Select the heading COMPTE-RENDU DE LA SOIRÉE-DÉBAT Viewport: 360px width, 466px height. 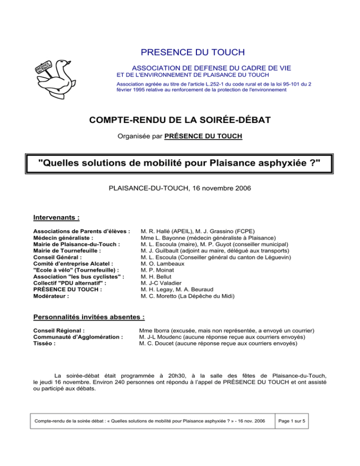point(180,120)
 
